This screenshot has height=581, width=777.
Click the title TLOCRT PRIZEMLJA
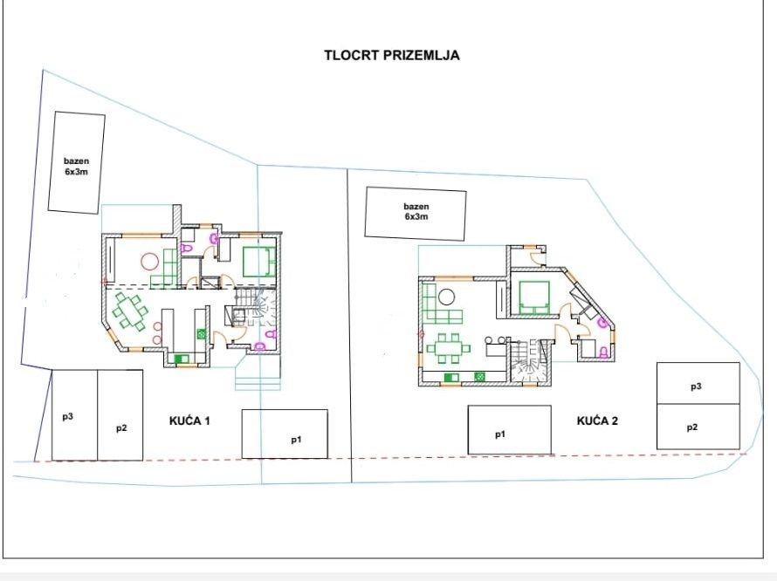point(391,55)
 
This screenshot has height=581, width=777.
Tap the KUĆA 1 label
point(189,420)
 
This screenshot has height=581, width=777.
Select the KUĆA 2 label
point(597,420)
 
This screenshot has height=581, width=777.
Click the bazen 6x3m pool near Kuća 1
point(76,162)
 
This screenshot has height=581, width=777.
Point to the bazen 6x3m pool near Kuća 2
point(416,214)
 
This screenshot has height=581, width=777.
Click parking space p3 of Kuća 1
point(75,415)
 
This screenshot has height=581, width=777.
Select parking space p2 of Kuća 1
point(120,415)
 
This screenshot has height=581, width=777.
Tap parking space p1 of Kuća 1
point(285,434)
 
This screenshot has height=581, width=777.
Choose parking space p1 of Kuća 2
point(509,430)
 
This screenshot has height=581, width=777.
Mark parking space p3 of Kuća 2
point(698,383)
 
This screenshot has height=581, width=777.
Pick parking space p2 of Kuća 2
point(698,427)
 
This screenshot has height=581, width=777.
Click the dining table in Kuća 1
point(130,311)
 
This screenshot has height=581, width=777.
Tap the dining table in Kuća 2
point(449,348)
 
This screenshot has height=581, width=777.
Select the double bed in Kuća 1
point(258,261)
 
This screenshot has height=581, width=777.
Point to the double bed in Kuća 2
point(533,297)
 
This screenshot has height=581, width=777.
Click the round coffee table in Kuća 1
point(149,261)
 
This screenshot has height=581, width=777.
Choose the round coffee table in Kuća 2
point(447,297)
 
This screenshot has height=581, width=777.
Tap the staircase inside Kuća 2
point(531,361)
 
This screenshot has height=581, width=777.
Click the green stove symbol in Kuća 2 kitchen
point(479,377)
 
